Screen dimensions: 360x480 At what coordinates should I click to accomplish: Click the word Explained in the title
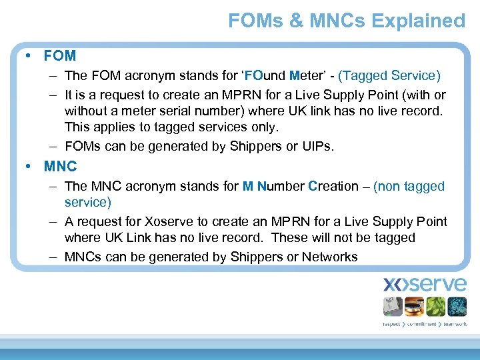(418, 21)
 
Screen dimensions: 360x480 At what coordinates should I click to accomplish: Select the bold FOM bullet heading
(60, 55)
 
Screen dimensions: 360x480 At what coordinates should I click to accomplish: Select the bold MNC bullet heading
(60, 166)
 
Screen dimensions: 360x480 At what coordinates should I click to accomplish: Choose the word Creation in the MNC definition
(333, 187)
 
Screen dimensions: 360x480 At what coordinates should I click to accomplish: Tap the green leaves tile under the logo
(435, 306)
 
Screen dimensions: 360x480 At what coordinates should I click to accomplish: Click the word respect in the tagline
(391, 324)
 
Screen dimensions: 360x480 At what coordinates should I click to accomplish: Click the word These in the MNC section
(291, 237)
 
